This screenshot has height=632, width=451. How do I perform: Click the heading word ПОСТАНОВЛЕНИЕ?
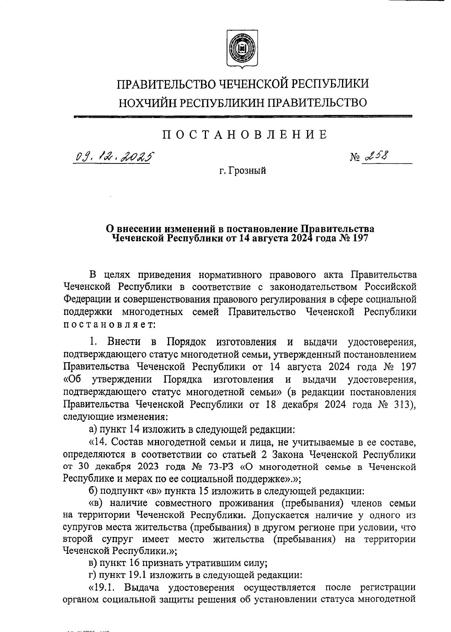coord(245,135)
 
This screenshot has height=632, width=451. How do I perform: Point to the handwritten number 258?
coord(376,156)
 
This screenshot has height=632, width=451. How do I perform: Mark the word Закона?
coord(285,455)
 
